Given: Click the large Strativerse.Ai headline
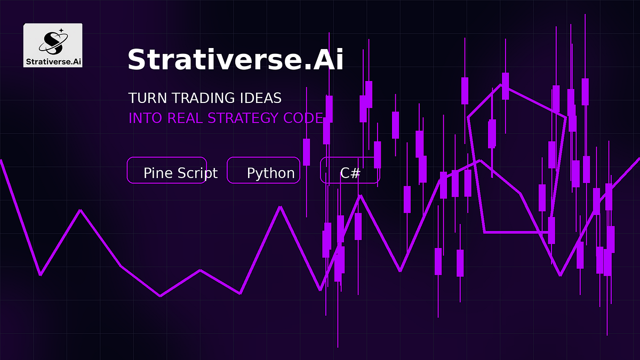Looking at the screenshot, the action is [235, 59].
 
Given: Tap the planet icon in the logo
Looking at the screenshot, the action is [53, 43].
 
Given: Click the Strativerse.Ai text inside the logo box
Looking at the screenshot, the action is [53, 61].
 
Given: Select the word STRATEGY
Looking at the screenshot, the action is [243, 118].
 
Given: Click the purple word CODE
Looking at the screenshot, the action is [303, 118].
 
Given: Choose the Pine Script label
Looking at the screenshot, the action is [181, 173].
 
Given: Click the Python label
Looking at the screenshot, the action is [270, 173].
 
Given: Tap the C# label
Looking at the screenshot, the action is [350, 173].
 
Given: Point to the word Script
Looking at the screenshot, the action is [198, 173].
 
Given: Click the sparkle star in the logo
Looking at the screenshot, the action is [61, 30].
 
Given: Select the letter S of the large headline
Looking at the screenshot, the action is [137, 59].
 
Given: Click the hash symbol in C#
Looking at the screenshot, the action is [356, 173].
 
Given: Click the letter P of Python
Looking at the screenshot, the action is [251, 173].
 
